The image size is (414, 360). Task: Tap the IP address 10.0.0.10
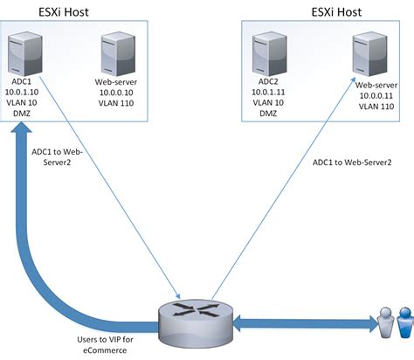[x=117, y=90]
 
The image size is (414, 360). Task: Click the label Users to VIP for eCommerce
[x=102, y=343]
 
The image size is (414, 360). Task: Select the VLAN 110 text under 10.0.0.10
[x=117, y=101]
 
